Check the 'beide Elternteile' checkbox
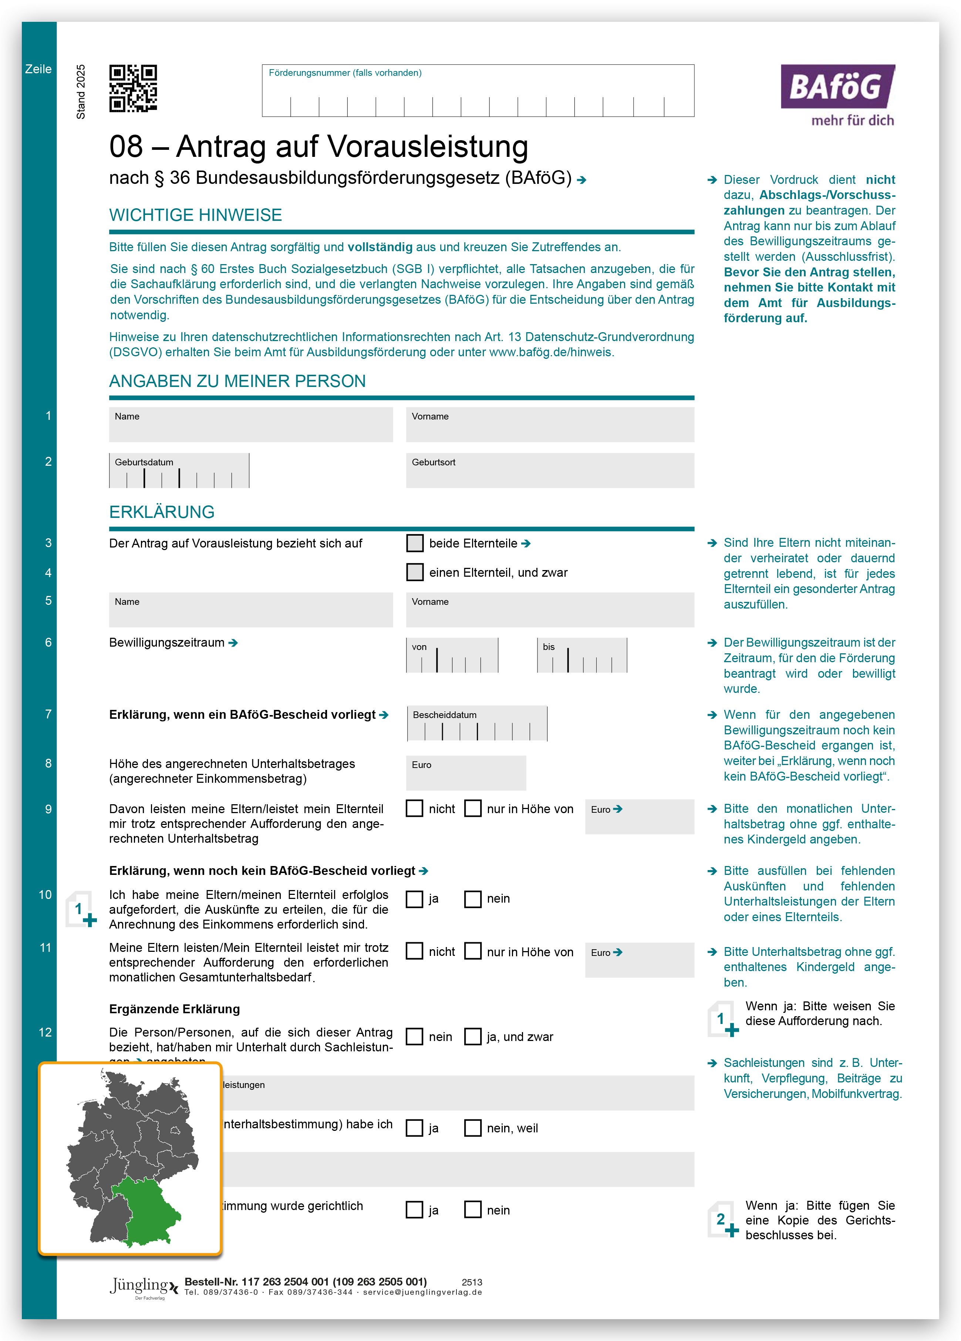pyautogui.click(x=415, y=543)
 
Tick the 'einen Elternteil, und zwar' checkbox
pyautogui.click(x=415, y=572)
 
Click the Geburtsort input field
pyautogui.click(x=549, y=471)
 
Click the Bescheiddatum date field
pyautogui.click(x=477, y=724)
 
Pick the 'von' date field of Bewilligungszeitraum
pyautogui.click(x=452, y=655)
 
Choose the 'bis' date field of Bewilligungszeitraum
pyautogui.click(x=582, y=655)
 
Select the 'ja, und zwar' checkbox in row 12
pyautogui.click(x=472, y=1037)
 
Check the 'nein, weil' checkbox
pyautogui.click(x=472, y=1128)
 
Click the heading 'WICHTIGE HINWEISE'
pyautogui.click(x=195, y=215)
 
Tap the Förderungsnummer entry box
pyautogui.click(x=478, y=91)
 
